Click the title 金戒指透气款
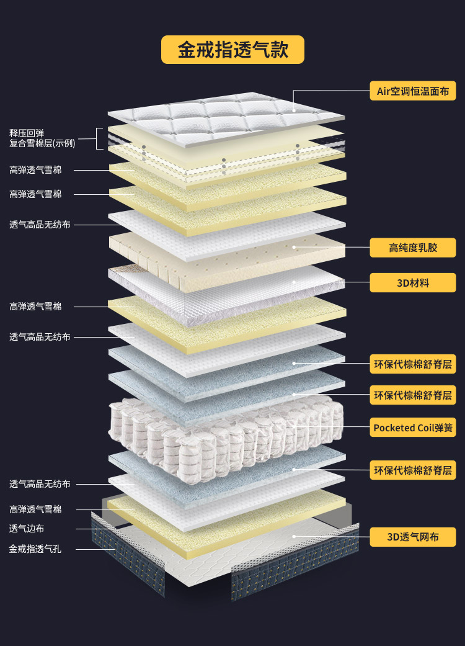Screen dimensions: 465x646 [x=232, y=50]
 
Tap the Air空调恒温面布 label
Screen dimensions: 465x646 [x=412, y=91]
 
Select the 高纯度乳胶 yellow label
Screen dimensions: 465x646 [x=412, y=248]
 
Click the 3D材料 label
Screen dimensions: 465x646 [x=412, y=283]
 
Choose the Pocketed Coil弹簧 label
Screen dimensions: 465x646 [x=412, y=428]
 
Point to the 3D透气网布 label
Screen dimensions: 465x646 [x=412, y=537]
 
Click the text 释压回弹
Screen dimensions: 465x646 [x=27, y=133]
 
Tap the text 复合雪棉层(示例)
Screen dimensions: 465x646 [x=42, y=143]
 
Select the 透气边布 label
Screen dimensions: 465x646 [x=27, y=529]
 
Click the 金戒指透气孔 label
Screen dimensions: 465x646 [x=35, y=549]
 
